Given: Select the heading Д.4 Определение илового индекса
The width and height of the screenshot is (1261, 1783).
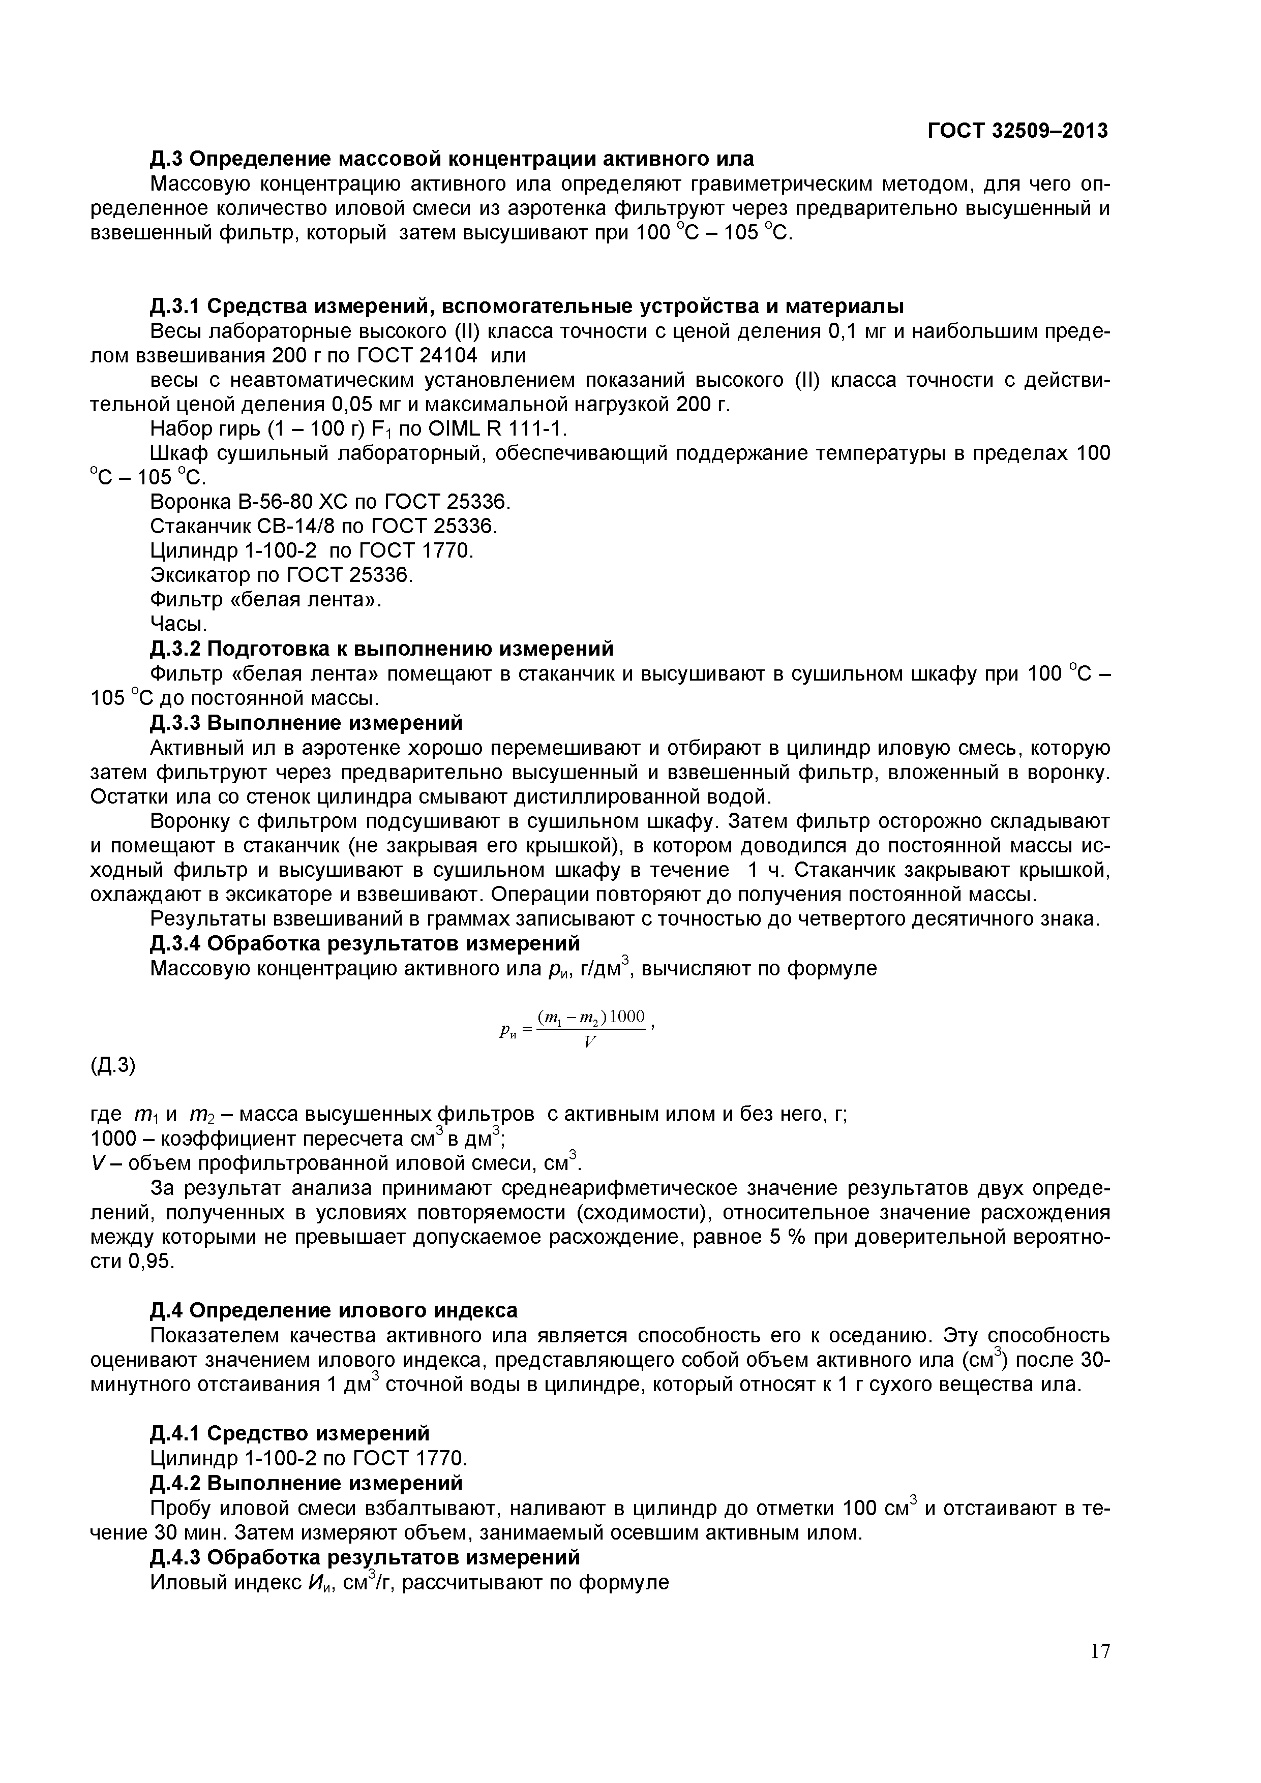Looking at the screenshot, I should [x=334, y=1310].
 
